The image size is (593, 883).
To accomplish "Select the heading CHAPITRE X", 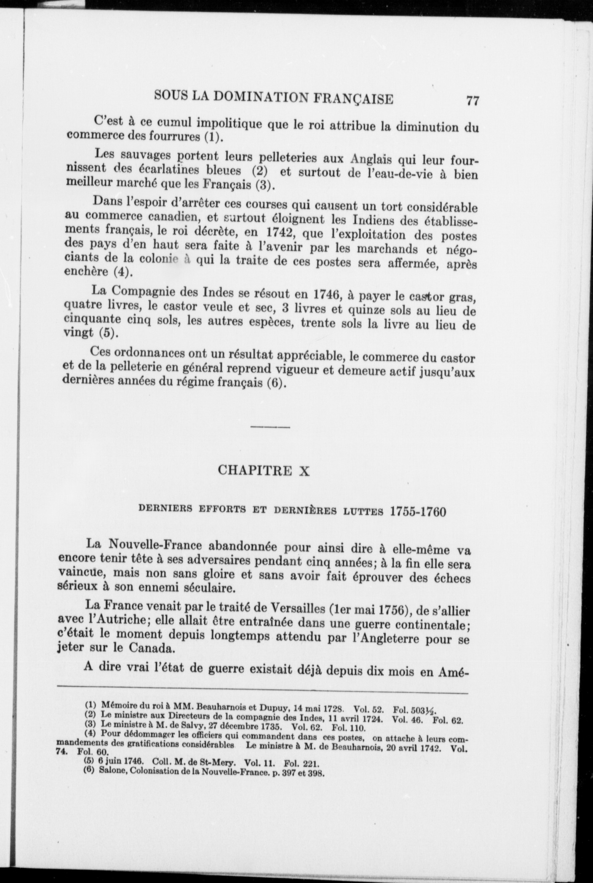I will (264, 471).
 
